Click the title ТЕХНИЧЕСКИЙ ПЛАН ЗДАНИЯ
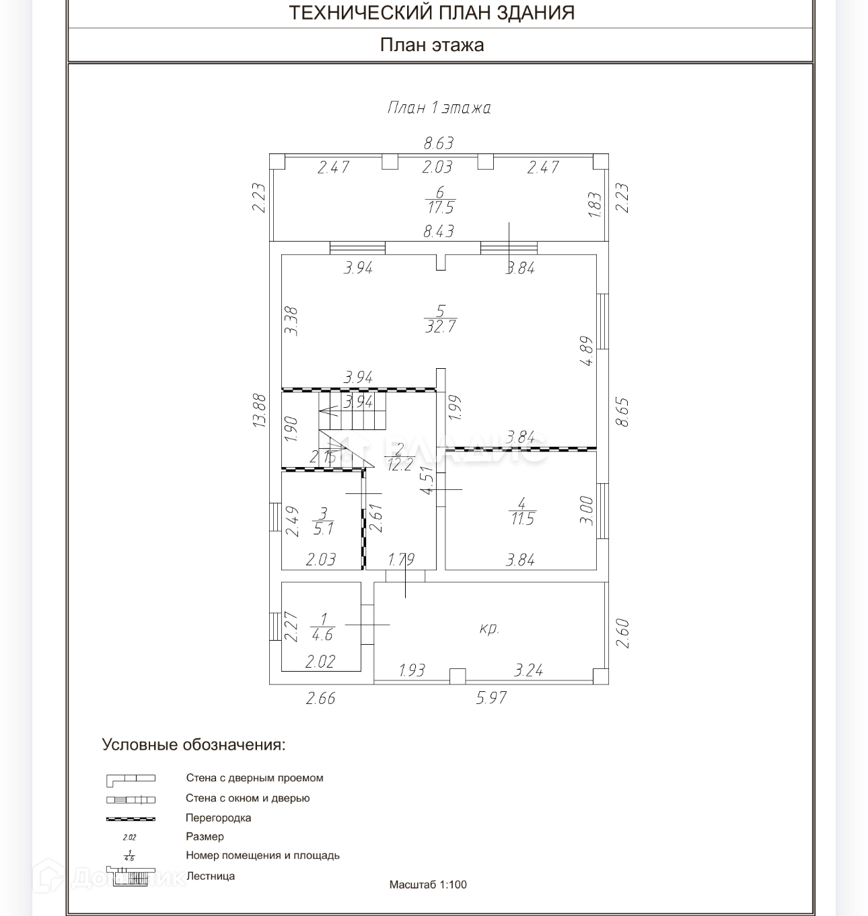[x=431, y=13]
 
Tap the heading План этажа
[x=432, y=45]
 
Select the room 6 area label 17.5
[x=441, y=208]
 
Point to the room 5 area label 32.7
[x=441, y=326]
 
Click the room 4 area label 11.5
[x=522, y=519]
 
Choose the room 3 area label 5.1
[x=323, y=529]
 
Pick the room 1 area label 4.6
[x=322, y=635]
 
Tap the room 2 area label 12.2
[x=400, y=464]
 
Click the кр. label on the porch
[x=489, y=629]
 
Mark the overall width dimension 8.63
[x=439, y=143]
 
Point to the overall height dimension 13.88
[x=260, y=411]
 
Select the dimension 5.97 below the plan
[x=491, y=698]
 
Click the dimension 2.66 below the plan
[x=320, y=698]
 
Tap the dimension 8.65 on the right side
[x=622, y=412]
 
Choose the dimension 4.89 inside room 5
[x=586, y=351]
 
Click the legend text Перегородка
[x=218, y=818]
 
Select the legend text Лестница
[x=210, y=876]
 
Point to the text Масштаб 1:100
[x=428, y=884]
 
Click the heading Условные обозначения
[x=194, y=745]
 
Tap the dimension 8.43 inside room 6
[x=439, y=232]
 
